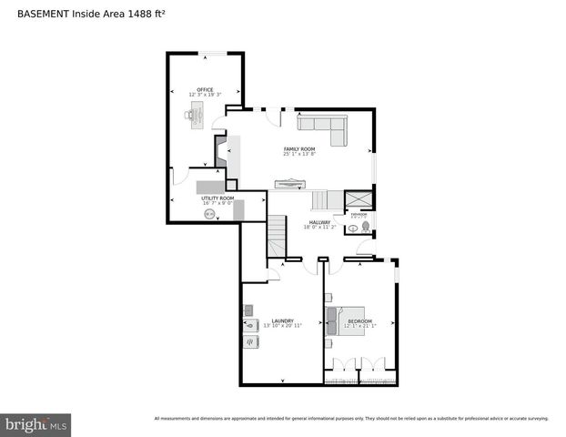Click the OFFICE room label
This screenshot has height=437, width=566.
pyautogui.click(x=205, y=89)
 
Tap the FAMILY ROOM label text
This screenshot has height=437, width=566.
pyautogui.click(x=298, y=148)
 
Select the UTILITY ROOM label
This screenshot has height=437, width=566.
pyautogui.click(x=217, y=198)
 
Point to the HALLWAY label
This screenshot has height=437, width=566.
pyautogui.click(x=319, y=222)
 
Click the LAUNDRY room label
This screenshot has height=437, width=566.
pyautogui.click(x=281, y=320)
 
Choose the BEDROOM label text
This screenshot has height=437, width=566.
pyautogui.click(x=359, y=320)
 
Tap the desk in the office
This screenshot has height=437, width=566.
pyautogui.click(x=198, y=114)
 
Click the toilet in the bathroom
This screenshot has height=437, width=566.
pyautogui.click(x=365, y=225)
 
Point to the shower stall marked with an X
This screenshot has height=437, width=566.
pyautogui.click(x=358, y=199)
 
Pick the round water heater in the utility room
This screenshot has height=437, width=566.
pyautogui.click(x=210, y=214)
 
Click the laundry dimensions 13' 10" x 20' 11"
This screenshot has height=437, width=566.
pyautogui.click(x=281, y=326)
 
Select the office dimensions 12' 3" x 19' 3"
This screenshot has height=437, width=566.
pyautogui.click(x=205, y=95)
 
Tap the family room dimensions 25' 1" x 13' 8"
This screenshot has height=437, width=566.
pyautogui.click(x=298, y=154)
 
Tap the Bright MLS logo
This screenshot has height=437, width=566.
pyautogui.click(x=36, y=424)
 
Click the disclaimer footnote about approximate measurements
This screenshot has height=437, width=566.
pyautogui.click(x=351, y=418)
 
